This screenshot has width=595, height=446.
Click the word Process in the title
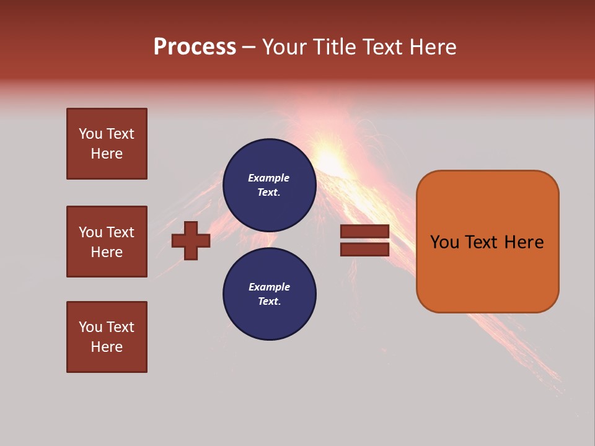[x=195, y=46]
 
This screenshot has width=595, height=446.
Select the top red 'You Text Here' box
[x=107, y=144]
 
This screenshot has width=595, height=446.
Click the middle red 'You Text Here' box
[x=107, y=242]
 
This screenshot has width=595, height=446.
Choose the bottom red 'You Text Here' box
[x=107, y=337]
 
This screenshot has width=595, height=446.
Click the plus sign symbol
[x=191, y=240]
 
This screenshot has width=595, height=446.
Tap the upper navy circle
[x=269, y=185]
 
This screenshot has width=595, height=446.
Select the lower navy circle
[x=269, y=294]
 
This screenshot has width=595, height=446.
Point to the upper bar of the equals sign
[x=364, y=232]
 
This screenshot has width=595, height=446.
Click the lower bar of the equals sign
[x=364, y=249]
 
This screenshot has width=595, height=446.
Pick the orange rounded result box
[x=487, y=242]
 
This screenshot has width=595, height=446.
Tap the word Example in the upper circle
[x=269, y=178]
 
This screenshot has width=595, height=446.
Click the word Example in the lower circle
[x=269, y=287]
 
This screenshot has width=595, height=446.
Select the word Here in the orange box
[x=524, y=242]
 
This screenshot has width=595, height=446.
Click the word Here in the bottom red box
[x=107, y=347]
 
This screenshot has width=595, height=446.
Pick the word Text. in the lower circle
[x=269, y=301]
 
